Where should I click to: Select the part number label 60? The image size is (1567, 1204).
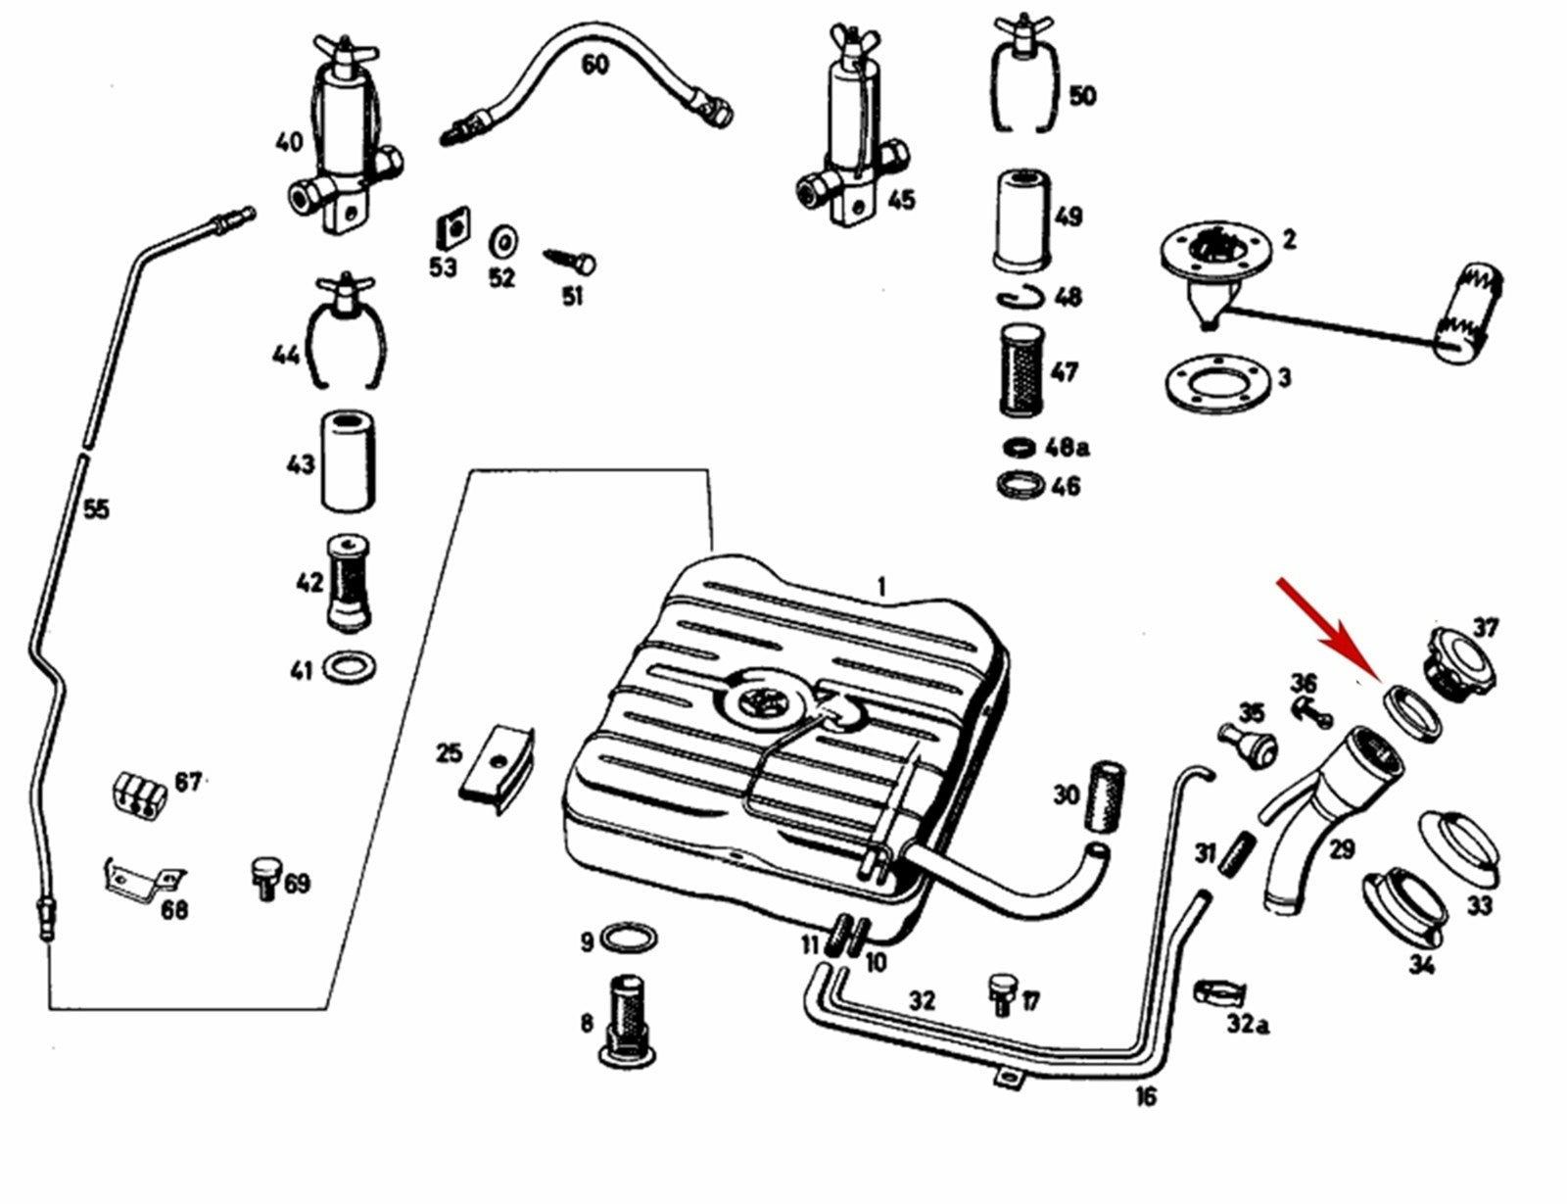[x=594, y=65]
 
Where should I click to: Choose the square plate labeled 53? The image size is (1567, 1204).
[x=449, y=229]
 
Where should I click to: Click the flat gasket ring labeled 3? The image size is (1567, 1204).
[x=1217, y=381]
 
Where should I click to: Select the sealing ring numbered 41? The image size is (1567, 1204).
[x=351, y=669]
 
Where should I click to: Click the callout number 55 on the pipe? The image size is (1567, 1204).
[x=95, y=509]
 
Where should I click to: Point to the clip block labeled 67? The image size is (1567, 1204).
[x=137, y=791]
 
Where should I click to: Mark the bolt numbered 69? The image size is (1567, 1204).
[x=265, y=878]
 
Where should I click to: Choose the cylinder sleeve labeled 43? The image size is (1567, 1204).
[x=349, y=462]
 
